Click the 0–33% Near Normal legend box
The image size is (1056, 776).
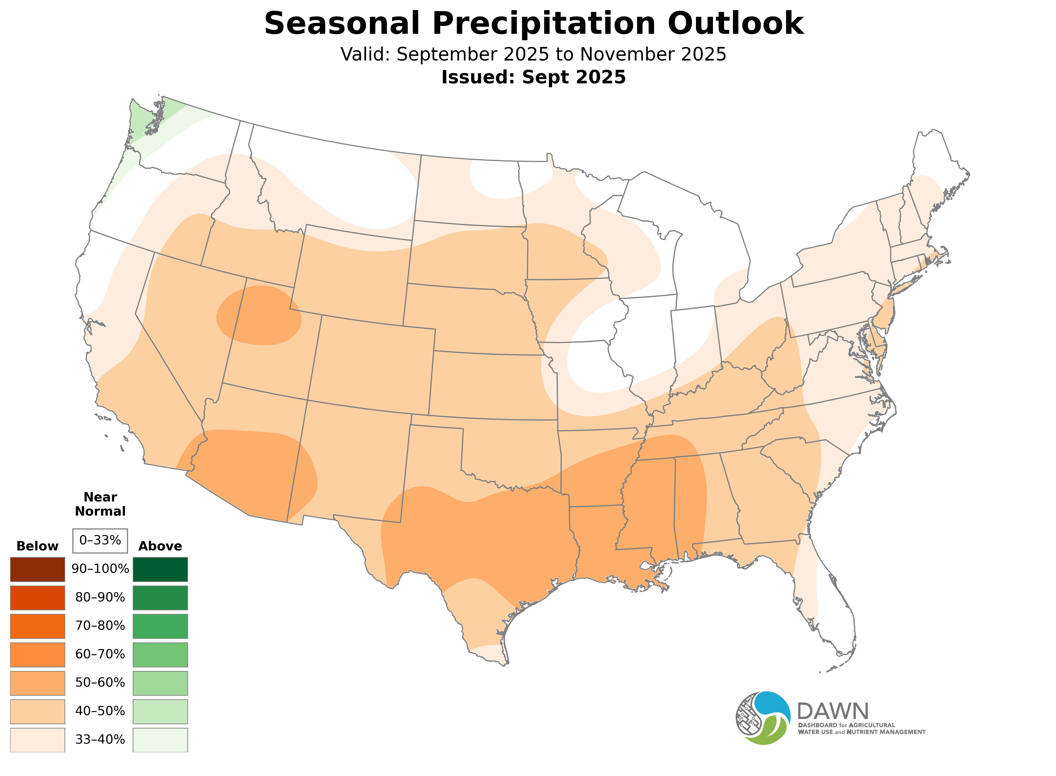coord(100,541)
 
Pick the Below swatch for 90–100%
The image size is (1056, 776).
coord(38,569)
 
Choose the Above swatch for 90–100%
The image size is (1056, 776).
coord(160,569)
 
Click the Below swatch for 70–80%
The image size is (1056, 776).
coord(38,626)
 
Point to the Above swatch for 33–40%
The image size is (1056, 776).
coord(160,740)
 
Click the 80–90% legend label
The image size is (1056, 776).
coord(100,598)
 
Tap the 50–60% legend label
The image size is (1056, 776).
coord(100,683)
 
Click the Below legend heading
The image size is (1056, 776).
coord(38,546)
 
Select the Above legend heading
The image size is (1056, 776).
coord(160,546)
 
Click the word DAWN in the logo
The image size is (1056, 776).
coord(832,712)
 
